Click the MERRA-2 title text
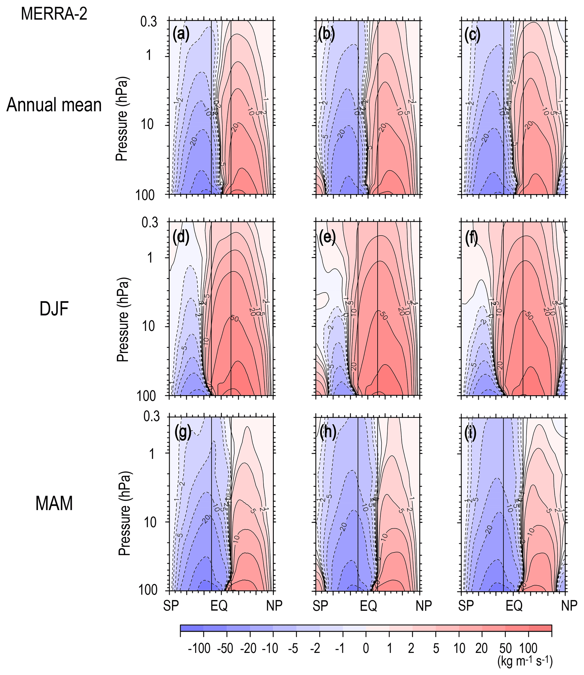coord(54,14)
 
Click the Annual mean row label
coord(54,105)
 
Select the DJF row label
coord(54,309)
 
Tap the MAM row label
coord(54,503)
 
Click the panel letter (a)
coord(181,34)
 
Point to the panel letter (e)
coord(327,238)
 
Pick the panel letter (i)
coord(472,433)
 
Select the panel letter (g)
coord(183,433)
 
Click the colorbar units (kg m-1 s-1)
coord(525,662)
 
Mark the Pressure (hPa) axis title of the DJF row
coord(123,320)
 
